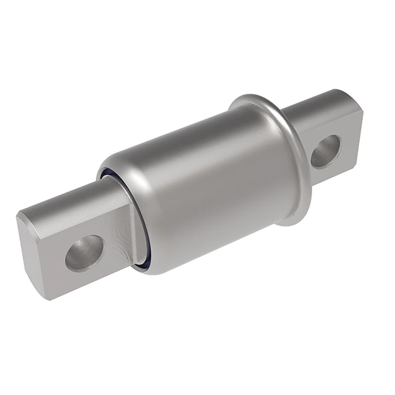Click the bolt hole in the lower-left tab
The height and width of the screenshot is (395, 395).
85,252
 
